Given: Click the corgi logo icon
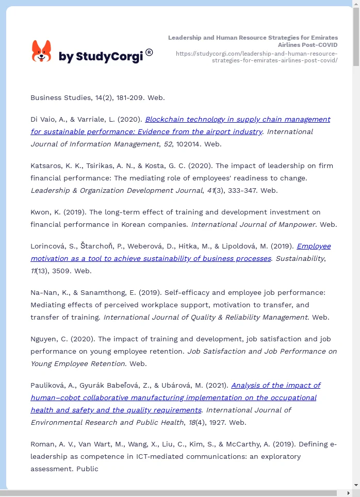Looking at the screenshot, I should point(42,51).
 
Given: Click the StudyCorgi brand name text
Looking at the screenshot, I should point(101,57).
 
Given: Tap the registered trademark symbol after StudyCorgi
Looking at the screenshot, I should point(149,52).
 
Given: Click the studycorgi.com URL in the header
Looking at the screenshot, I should point(256,57).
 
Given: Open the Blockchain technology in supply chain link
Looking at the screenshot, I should point(237,119).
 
